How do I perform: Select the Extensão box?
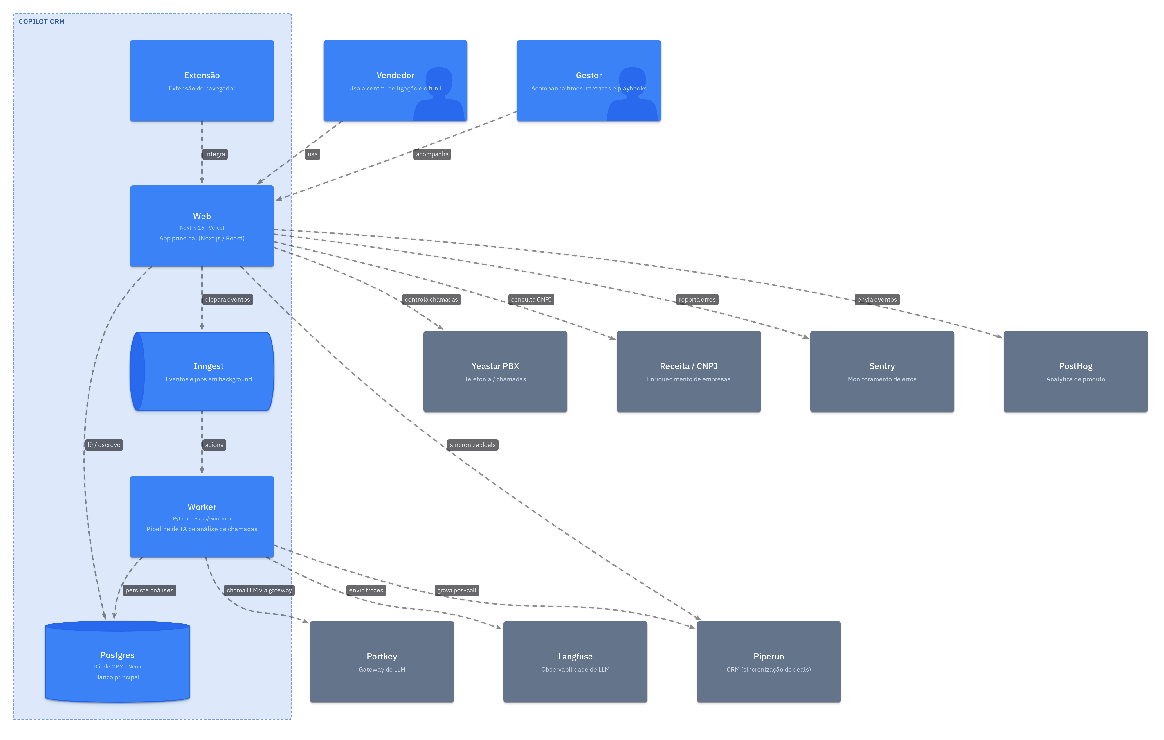point(202,81)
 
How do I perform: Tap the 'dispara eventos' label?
point(227,299)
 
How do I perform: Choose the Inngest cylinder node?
point(202,371)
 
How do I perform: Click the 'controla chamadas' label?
point(431,299)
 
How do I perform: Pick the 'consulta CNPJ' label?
point(531,299)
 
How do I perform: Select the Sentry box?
point(882,371)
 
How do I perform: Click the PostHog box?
point(1076,371)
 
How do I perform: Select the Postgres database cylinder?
point(117,662)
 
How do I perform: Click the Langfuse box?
point(575,662)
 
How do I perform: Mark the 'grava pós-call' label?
point(457,590)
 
